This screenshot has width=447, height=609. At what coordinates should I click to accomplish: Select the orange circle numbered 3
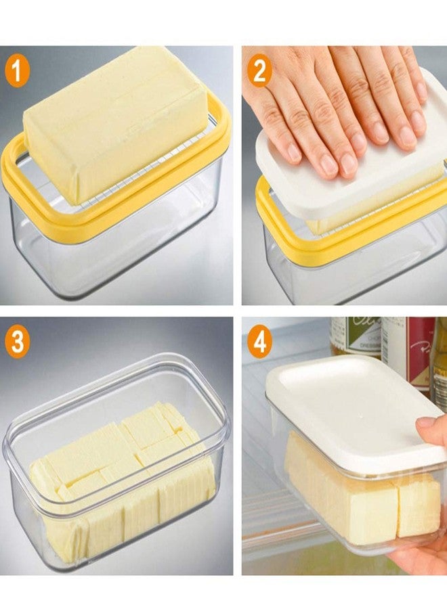pyautogui.click(x=17, y=343)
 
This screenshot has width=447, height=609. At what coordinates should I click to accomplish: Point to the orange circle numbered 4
pyautogui.click(x=259, y=343)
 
